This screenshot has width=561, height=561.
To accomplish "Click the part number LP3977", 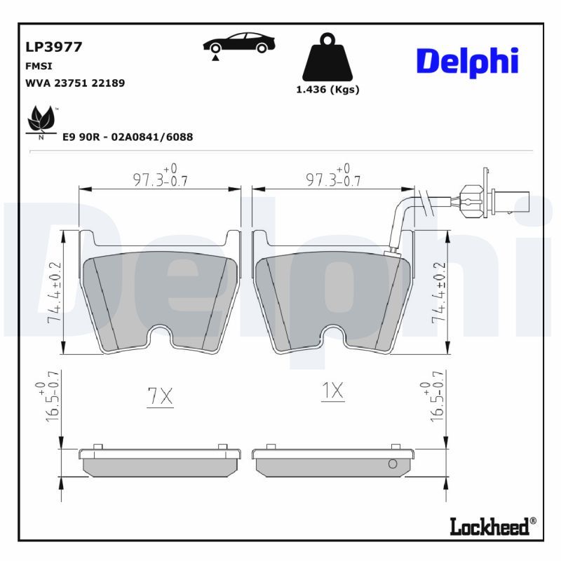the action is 54,47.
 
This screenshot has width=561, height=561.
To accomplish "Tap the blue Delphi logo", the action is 467,62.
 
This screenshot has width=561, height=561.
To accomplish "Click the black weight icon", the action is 327,58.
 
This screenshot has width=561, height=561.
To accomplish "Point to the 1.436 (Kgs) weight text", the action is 327,90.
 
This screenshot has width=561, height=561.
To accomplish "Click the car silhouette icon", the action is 239,43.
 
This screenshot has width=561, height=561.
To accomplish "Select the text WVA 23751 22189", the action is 75,83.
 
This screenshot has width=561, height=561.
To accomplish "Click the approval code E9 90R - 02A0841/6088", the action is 128,137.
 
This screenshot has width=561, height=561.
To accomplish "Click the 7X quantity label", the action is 161,396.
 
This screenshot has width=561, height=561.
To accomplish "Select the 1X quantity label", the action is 332,391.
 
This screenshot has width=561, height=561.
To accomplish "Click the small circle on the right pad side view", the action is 393,464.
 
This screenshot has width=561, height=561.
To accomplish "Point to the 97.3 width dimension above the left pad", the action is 160,175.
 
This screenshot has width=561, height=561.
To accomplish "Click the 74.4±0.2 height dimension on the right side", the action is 440,292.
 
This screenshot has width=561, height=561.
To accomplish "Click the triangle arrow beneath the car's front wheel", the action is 215,58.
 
